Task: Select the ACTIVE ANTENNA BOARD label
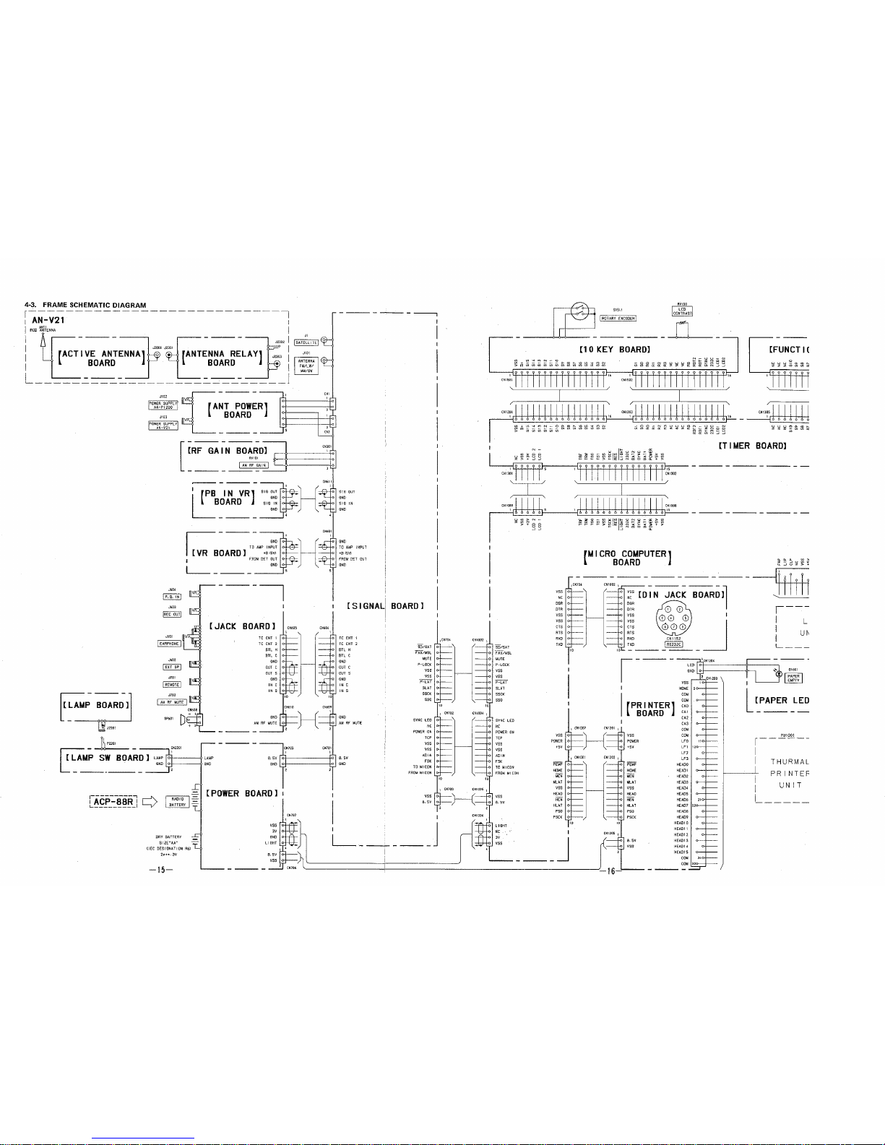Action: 101,358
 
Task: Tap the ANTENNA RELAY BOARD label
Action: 221,358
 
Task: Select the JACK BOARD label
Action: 242,626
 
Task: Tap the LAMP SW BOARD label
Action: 105,758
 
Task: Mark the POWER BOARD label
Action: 241,793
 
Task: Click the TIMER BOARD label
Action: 751,446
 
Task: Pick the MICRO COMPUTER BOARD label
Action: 626,558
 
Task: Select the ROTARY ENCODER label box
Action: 618,316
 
